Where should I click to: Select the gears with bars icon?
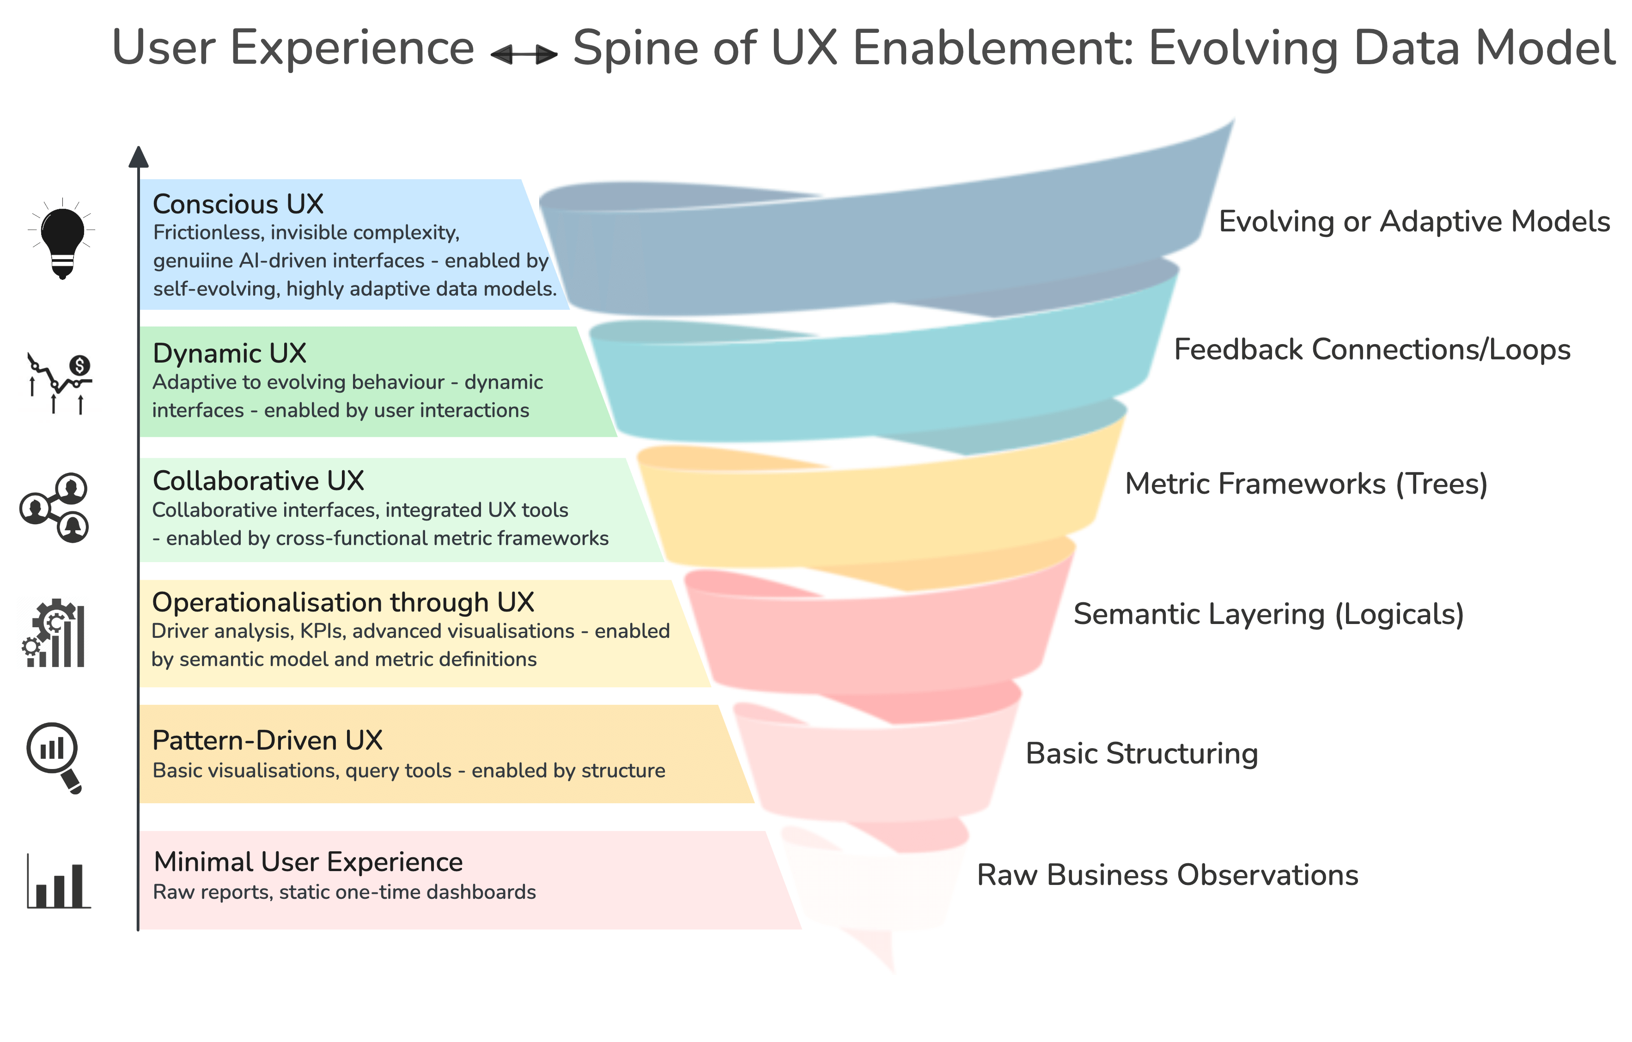click(x=54, y=633)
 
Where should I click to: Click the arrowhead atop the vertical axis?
click(x=138, y=157)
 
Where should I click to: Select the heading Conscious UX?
click(x=238, y=204)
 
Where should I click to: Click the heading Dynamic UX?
click(x=229, y=353)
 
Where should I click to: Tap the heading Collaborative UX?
click(x=258, y=480)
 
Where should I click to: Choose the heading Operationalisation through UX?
click(x=343, y=602)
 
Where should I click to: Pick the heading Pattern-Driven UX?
click(x=267, y=740)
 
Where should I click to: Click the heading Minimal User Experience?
click(x=308, y=862)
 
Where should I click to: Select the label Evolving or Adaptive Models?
click(x=1414, y=222)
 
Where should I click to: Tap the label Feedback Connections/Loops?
click(x=1372, y=350)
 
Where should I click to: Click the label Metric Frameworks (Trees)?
click(x=1306, y=484)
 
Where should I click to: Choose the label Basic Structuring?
click(x=1141, y=753)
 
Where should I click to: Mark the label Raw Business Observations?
click(x=1167, y=875)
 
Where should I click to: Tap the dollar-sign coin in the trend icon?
click(x=80, y=366)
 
